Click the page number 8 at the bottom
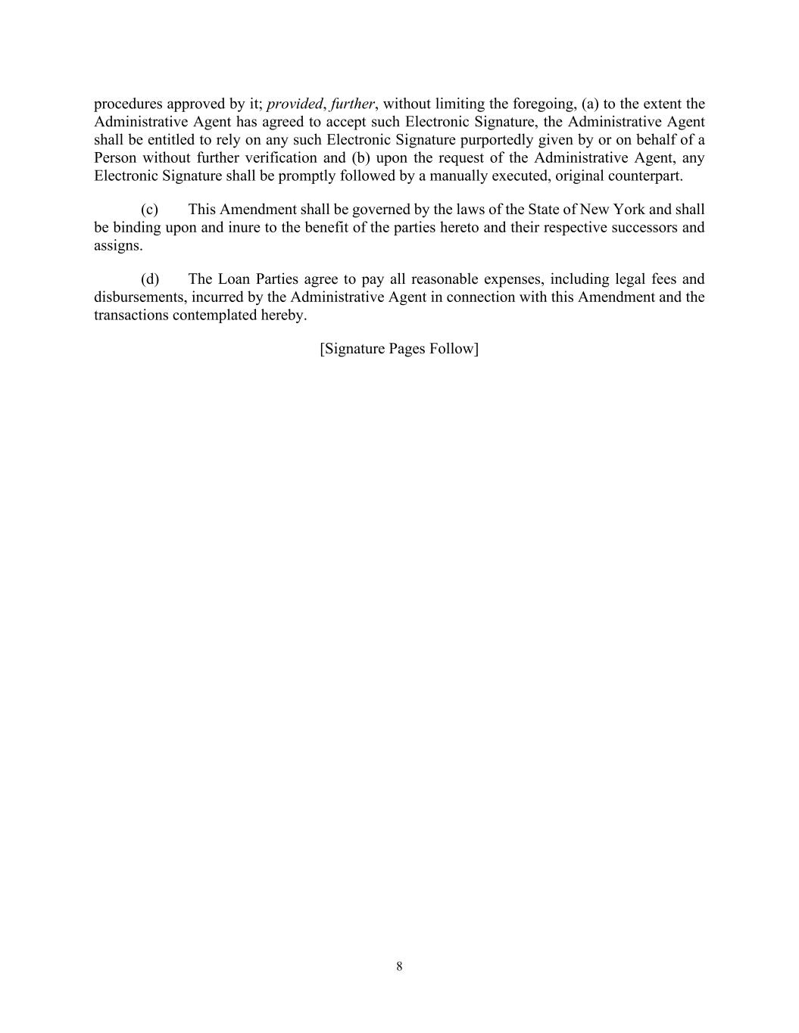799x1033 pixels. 399,966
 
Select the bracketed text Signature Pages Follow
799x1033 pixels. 399,349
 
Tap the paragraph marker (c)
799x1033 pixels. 149,210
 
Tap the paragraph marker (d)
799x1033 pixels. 149,279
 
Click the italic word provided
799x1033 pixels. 294,104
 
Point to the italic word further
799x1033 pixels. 352,104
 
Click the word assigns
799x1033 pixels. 117,246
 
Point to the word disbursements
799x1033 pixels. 139,297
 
